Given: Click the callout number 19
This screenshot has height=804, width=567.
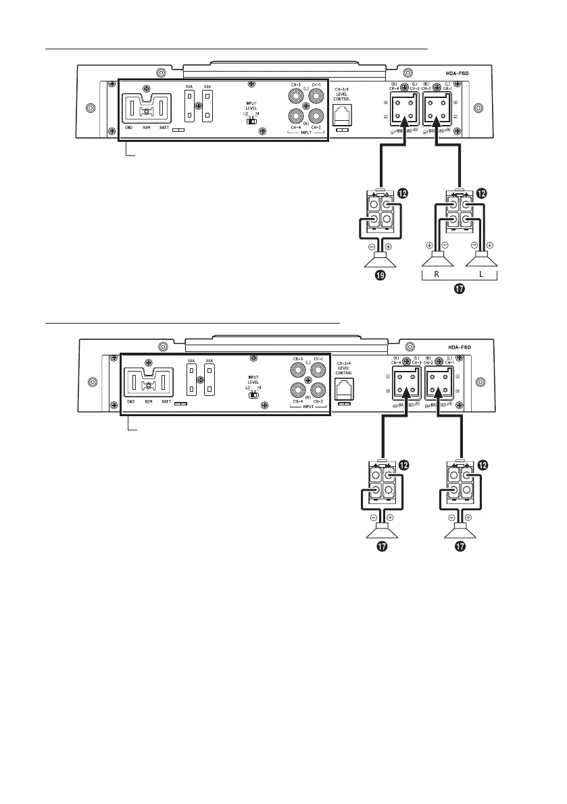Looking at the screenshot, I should pos(382,276).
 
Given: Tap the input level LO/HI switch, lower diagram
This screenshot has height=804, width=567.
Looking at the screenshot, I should pos(251,394).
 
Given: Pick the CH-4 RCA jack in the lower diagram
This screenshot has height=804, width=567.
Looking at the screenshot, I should pos(295,390).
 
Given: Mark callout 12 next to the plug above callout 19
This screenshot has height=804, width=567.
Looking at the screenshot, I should pos(402,193).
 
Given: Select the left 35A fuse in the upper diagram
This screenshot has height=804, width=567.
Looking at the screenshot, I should pos(191,106).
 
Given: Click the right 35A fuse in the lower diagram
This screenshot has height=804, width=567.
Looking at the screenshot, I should pos(210,382).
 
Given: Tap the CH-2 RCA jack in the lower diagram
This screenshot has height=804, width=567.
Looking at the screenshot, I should pos(315,390).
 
